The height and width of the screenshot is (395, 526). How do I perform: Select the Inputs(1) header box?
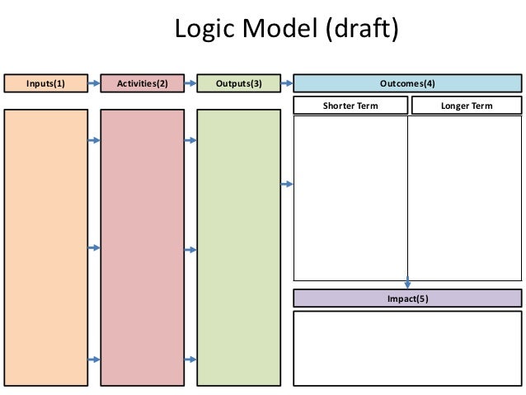[46, 83]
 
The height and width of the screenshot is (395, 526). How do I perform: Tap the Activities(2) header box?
[141, 83]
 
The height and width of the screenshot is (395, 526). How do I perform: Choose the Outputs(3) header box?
[238, 83]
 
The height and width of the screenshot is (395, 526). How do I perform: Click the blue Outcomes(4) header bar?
[407, 83]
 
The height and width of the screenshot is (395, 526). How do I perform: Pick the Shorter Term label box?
[351, 106]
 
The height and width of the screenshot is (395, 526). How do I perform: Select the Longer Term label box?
[466, 106]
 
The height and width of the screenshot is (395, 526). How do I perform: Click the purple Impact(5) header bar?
[407, 299]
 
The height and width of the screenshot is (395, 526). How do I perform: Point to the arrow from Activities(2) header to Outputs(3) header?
[189, 83]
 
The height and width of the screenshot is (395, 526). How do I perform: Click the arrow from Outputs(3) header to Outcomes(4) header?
[286, 83]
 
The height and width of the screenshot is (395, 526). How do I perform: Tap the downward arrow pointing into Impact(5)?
[407, 283]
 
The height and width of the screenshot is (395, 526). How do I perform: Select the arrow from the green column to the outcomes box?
[286, 184]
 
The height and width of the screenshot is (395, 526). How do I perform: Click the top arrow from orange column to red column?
[93, 141]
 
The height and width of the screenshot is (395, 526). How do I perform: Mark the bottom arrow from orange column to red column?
[93, 360]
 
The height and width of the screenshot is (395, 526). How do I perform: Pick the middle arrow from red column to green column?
[189, 248]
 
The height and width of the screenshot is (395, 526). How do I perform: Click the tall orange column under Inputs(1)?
[46, 247]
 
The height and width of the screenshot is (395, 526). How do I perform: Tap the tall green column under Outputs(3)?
[238, 247]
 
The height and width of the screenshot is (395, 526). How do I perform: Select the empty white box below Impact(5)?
[407, 348]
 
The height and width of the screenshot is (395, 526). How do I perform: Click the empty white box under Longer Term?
[465, 198]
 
